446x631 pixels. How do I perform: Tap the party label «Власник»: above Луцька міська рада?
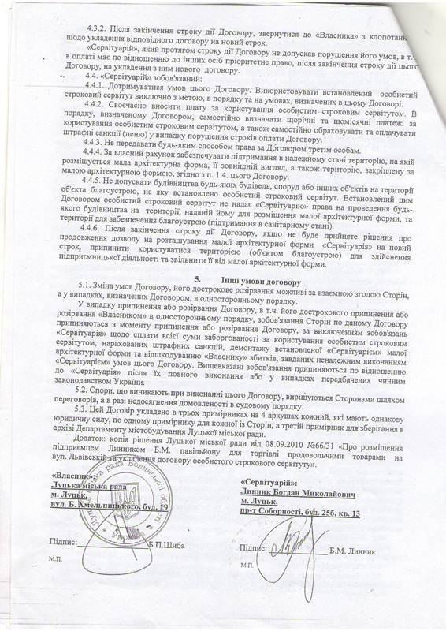(72, 477)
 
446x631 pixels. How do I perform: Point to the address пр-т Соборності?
(281, 513)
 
